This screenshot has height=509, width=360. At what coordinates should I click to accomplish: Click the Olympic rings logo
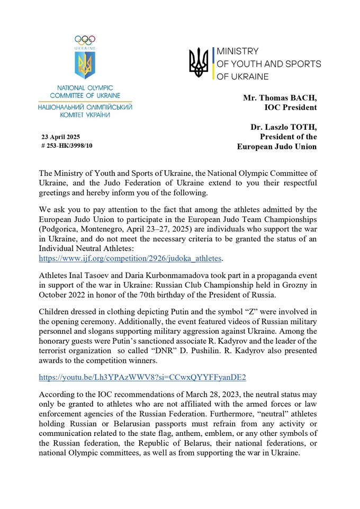85,39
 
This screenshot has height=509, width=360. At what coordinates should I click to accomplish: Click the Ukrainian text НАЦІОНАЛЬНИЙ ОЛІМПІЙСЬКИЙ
85,106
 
